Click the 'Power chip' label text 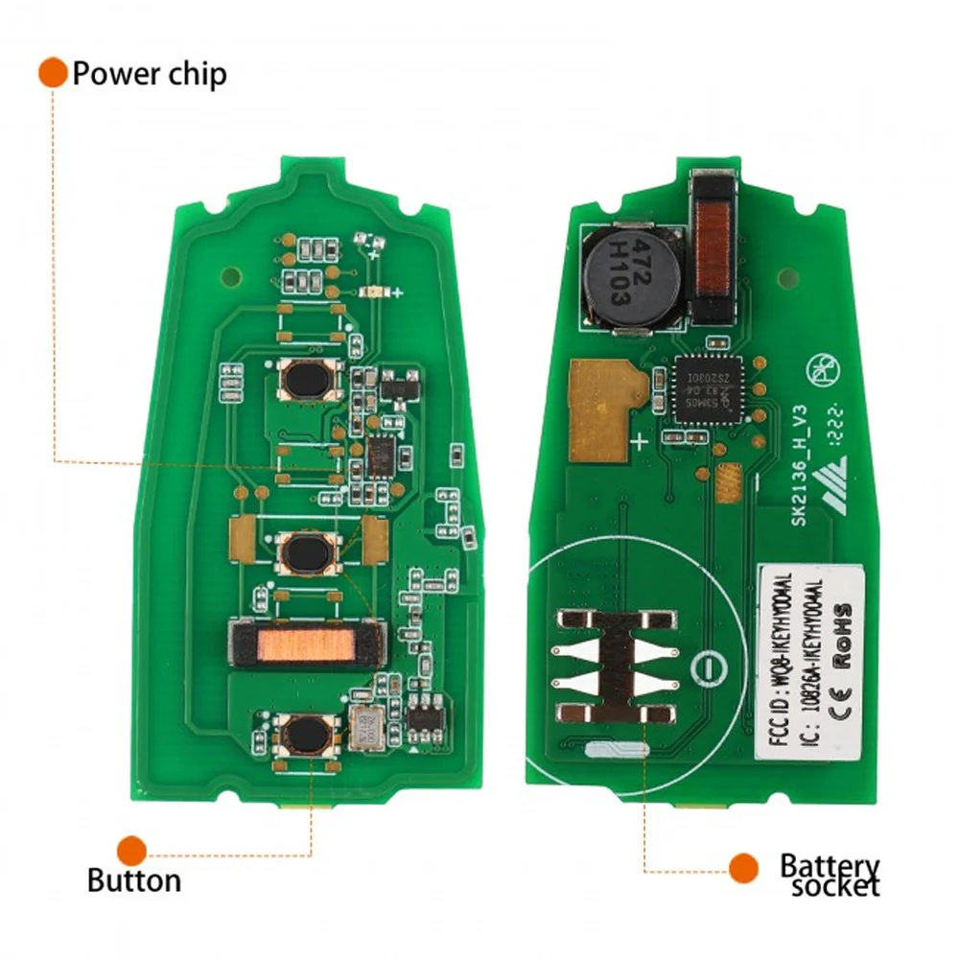tap(150, 74)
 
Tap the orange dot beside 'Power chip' tap(53, 72)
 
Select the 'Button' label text tap(133, 879)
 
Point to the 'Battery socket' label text tap(829, 875)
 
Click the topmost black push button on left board tap(310, 380)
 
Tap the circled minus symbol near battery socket tap(707, 665)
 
